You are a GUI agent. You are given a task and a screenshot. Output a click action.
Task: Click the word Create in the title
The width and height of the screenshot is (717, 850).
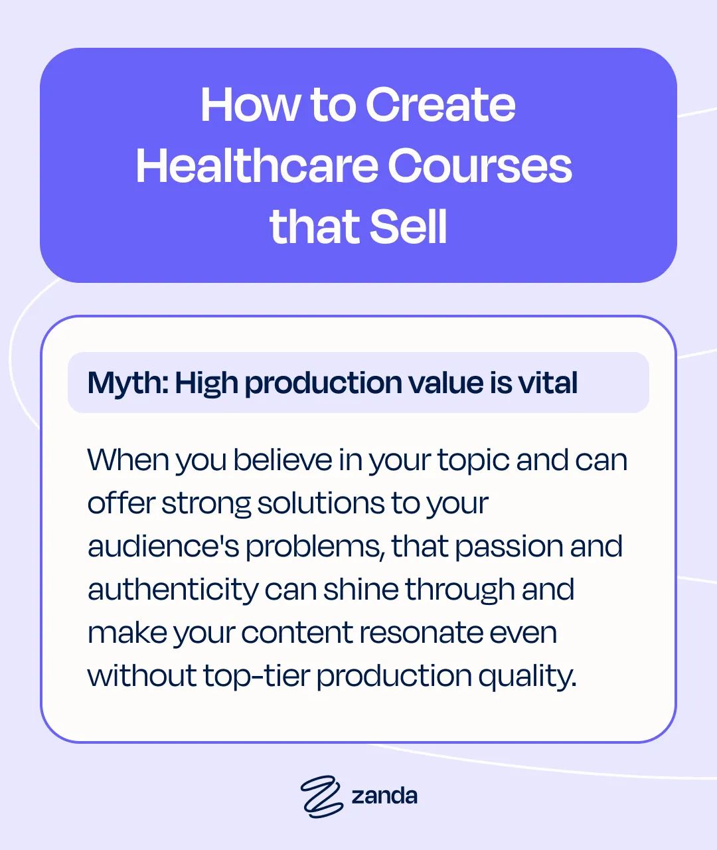point(440,105)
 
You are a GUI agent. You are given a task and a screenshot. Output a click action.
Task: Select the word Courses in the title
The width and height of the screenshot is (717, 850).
point(479,165)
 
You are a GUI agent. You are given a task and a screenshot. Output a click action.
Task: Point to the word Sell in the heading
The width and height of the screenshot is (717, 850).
point(408,226)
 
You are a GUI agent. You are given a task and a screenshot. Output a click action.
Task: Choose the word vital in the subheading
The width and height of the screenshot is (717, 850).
point(548,383)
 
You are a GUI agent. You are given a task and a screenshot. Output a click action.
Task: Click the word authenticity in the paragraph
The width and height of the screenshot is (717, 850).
point(173,590)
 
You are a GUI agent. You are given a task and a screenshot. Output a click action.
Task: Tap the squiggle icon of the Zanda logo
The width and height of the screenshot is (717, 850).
point(321,796)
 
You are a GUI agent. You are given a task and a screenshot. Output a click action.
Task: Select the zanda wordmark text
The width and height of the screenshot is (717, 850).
point(384,796)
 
